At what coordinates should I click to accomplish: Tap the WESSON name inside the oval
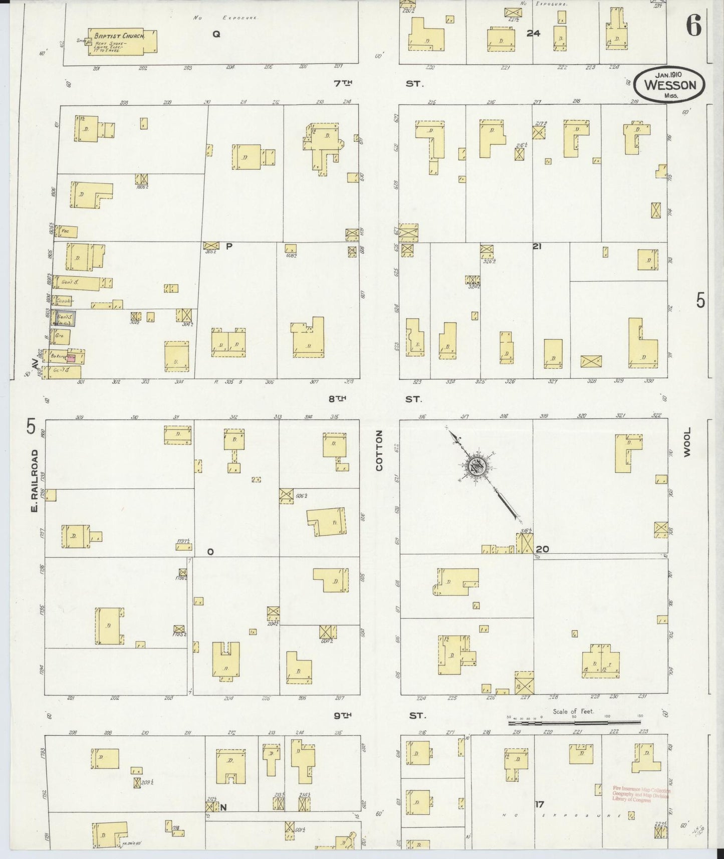[670, 85]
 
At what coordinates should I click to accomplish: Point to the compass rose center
[475, 466]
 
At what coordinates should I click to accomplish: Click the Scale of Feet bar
[574, 723]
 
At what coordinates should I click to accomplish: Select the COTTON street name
[379, 451]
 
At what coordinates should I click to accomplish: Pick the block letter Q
[216, 34]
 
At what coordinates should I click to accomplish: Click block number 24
[533, 34]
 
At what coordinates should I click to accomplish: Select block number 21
[537, 247]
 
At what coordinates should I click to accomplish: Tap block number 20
[542, 549]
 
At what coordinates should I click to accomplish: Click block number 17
[539, 804]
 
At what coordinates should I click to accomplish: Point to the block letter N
[223, 807]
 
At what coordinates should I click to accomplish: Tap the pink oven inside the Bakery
[71, 357]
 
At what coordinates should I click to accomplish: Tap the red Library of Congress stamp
[640, 794]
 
